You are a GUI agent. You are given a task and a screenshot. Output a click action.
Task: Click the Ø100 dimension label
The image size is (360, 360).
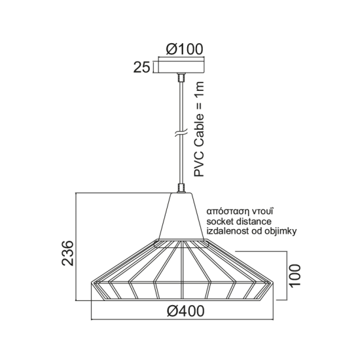(185, 48)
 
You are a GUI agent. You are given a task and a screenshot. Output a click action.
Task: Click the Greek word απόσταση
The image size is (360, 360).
(227, 212)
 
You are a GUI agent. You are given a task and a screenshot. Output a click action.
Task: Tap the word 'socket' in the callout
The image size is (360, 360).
(221, 222)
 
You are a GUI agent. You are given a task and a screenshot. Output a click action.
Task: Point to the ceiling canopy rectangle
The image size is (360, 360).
(181, 66)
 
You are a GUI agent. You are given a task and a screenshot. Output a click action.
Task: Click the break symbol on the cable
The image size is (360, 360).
(180, 137)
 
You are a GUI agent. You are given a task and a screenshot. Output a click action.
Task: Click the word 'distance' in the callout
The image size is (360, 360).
(257, 222)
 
